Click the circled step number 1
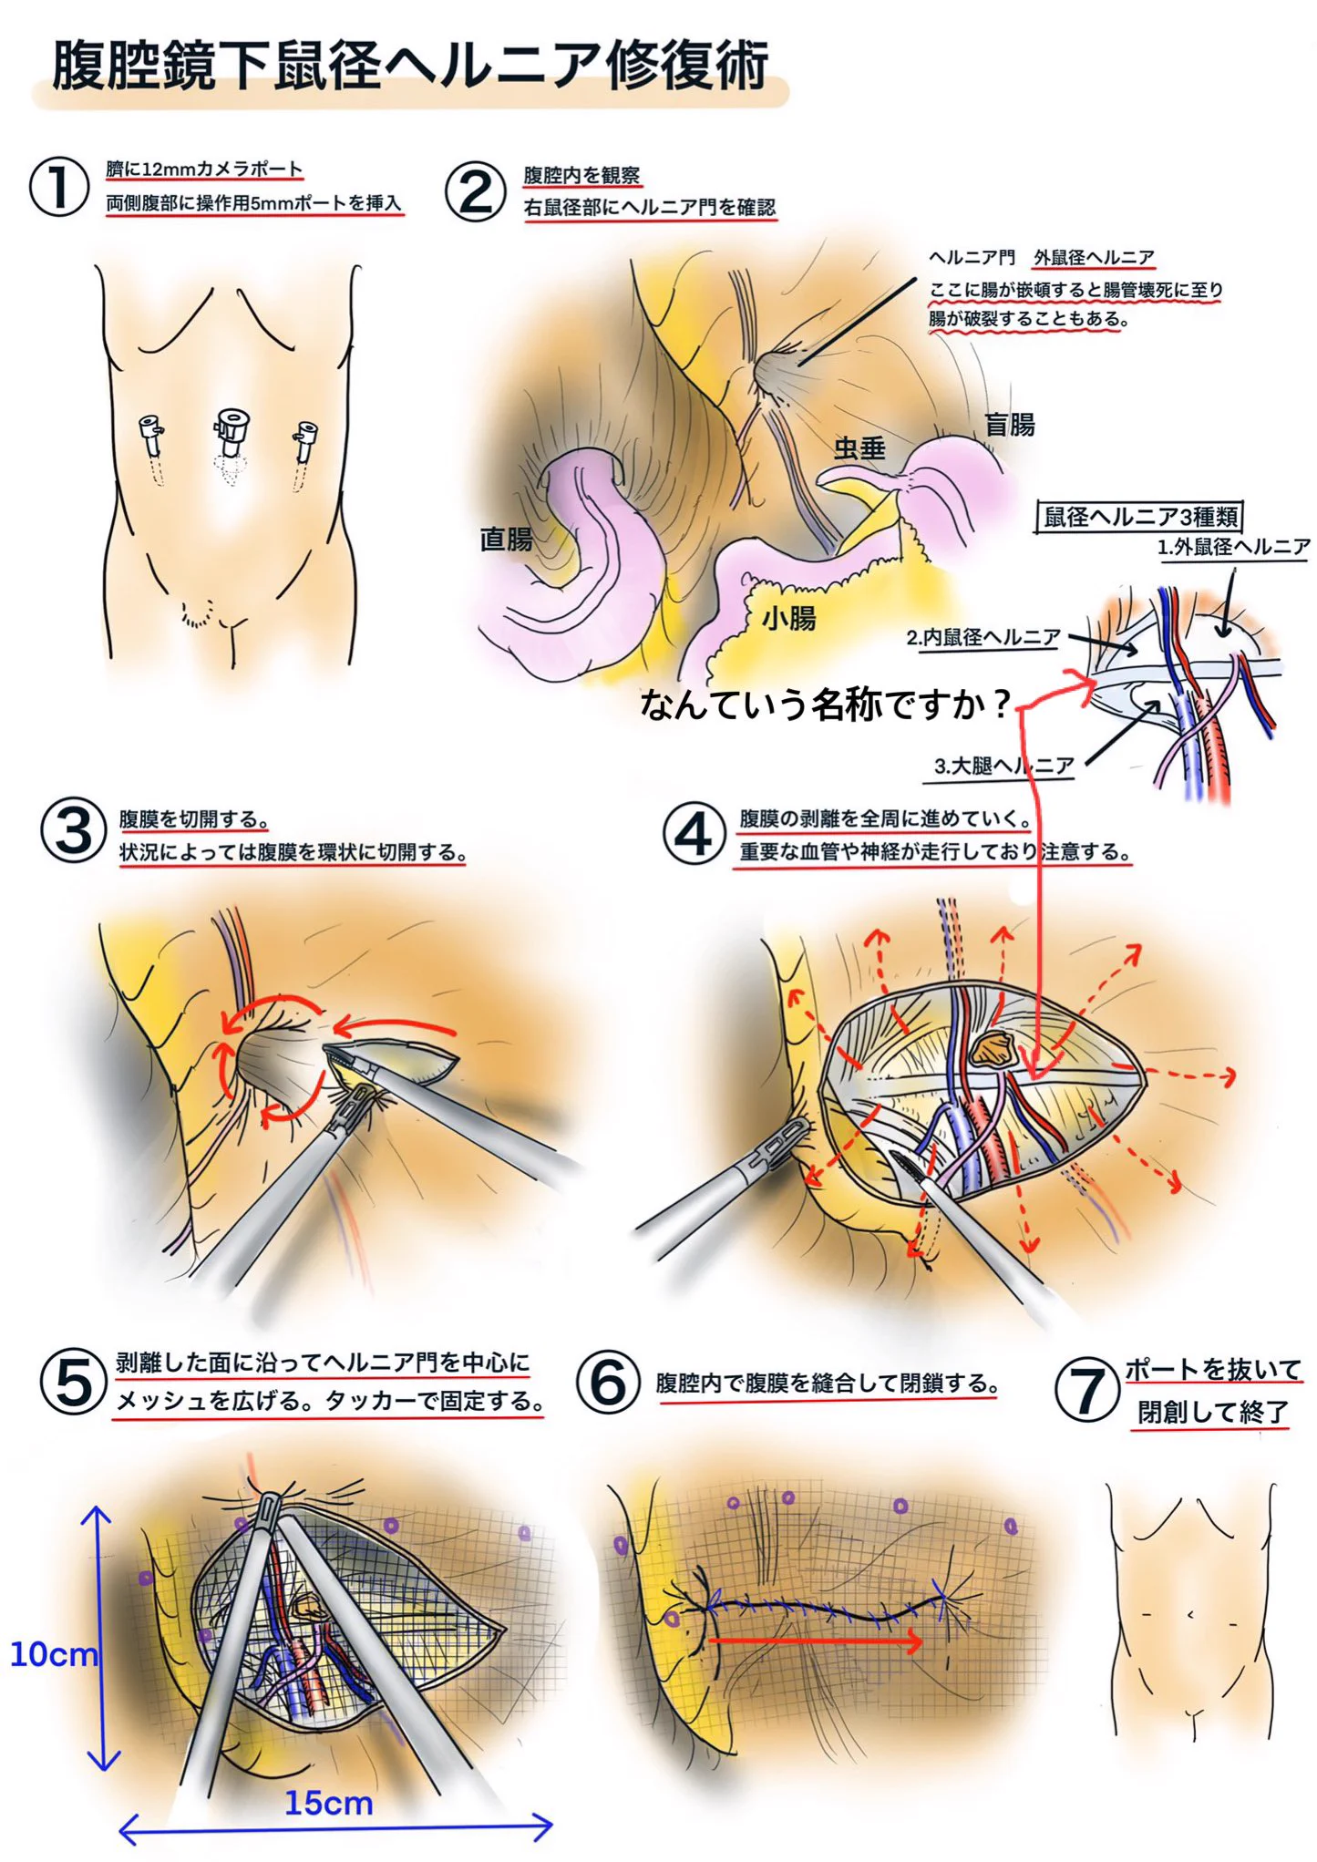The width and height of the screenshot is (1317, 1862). (59, 187)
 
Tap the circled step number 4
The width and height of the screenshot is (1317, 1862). (694, 833)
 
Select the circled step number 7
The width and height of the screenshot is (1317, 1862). (1086, 1391)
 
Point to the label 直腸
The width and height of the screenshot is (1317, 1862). (506, 539)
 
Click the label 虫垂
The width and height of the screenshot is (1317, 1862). (859, 447)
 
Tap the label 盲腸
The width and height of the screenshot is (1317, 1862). (1009, 424)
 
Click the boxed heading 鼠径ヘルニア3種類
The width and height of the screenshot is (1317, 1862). (1140, 517)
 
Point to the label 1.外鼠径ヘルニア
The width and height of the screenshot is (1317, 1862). (1233, 547)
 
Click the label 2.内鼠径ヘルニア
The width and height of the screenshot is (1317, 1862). (983, 637)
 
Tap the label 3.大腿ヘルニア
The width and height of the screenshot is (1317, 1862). (1004, 766)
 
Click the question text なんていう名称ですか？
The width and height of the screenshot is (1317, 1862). (826, 704)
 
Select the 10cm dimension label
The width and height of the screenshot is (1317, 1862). (53, 1653)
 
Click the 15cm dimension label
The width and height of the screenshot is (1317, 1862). (328, 1802)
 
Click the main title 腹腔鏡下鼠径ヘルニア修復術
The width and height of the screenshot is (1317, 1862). (410, 66)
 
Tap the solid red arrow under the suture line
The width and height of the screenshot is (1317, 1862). (816, 1641)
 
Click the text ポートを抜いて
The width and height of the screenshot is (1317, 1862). (1213, 1369)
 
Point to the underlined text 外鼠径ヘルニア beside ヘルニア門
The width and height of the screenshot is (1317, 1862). (1094, 258)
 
